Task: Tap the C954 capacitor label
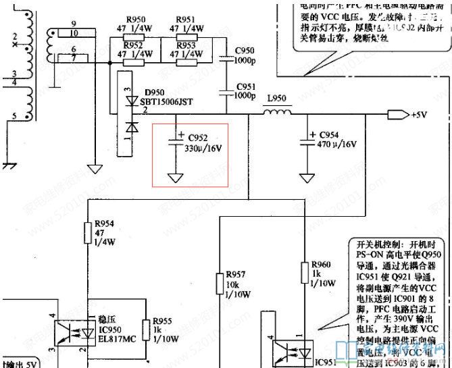pos(330,135)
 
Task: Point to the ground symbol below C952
pos(176,178)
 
